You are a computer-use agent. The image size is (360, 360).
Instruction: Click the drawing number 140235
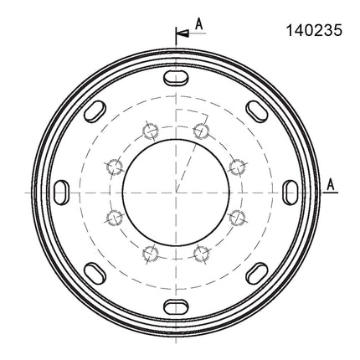coord(314,30)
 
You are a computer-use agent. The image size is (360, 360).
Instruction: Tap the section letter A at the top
coord(198,24)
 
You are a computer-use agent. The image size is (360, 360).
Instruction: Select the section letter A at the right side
coord(331,185)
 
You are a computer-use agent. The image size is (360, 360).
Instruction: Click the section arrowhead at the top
coord(183,33)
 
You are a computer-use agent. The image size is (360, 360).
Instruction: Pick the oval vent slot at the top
coord(176,78)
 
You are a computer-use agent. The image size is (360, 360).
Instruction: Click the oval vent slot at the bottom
coord(176,307)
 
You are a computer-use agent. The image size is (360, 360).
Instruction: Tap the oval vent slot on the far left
coord(61,193)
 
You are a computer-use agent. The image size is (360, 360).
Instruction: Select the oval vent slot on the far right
coord(291,193)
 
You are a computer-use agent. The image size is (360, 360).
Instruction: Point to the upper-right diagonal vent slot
coord(257,111)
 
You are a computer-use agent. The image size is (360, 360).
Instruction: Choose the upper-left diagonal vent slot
coord(95,111)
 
